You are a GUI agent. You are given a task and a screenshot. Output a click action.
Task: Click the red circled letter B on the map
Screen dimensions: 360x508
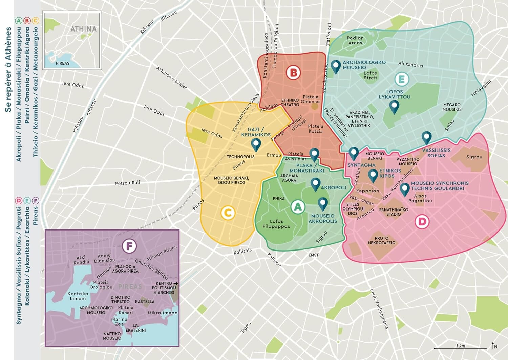pyautogui.click(x=293, y=73)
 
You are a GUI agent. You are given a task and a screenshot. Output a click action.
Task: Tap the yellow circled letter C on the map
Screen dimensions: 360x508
pyautogui.click(x=228, y=213)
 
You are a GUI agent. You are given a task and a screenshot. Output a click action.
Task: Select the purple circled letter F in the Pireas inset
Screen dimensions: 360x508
pyautogui.click(x=129, y=246)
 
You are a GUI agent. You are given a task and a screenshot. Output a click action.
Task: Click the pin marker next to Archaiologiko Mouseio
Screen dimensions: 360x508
pyautogui.click(x=336, y=67)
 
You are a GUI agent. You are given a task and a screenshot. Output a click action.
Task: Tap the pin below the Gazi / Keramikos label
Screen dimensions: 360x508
pyautogui.click(x=256, y=145)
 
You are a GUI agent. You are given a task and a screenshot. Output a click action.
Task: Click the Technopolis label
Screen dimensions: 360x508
pyautogui.click(x=240, y=157)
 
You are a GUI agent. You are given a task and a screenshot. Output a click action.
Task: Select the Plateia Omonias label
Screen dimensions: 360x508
pyautogui.click(x=311, y=99)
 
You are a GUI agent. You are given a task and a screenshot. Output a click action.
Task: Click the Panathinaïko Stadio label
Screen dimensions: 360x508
pyautogui.click(x=394, y=212)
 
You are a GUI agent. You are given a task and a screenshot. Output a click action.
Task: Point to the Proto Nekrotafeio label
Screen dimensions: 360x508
pyautogui.click(x=382, y=240)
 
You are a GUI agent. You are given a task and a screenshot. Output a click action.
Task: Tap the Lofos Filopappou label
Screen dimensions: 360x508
pyautogui.click(x=276, y=224)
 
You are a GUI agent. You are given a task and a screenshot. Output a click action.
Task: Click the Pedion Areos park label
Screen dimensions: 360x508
pyautogui.click(x=355, y=40)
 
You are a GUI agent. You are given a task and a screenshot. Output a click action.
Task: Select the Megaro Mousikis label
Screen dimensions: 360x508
pyautogui.click(x=452, y=107)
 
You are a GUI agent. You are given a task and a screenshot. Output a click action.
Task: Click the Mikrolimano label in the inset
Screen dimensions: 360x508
pyautogui.click(x=163, y=313)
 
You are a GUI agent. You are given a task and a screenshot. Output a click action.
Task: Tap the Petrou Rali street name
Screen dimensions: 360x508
pyautogui.click(x=127, y=183)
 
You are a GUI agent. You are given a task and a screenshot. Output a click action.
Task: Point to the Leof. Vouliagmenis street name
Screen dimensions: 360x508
pyautogui.click(x=379, y=308)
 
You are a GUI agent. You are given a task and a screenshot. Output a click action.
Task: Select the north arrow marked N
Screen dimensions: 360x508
pyautogui.click(x=494, y=346)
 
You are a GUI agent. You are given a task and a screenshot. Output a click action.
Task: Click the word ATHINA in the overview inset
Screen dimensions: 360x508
pyautogui.click(x=83, y=29)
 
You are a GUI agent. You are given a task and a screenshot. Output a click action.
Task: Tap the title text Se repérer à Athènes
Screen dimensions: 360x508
pyautogui.click(x=8, y=69)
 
